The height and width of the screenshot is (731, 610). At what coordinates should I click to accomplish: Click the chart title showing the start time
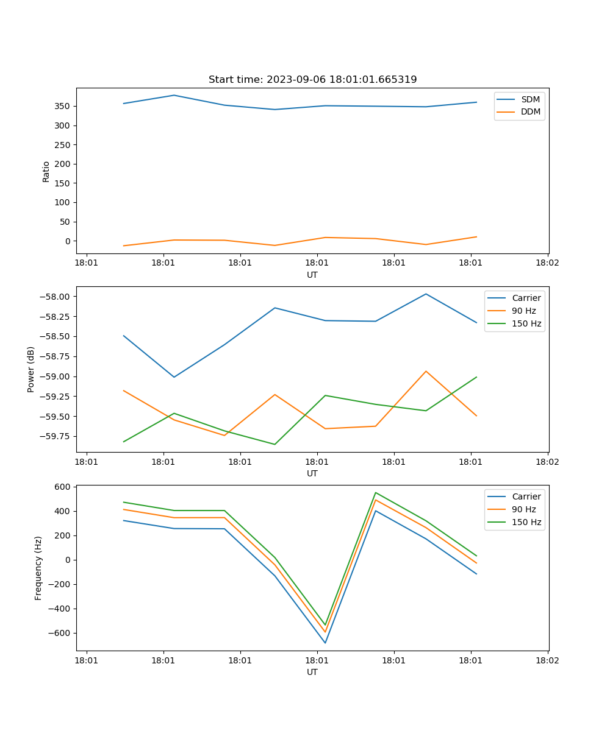[312, 80]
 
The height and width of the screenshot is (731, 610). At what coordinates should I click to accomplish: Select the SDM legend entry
[530, 99]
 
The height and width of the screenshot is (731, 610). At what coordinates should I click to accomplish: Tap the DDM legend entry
[530, 111]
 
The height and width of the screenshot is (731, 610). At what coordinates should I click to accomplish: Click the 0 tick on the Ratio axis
[68, 241]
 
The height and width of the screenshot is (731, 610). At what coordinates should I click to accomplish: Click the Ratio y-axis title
[46, 171]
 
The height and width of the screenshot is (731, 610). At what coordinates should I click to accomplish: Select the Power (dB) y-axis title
[31, 369]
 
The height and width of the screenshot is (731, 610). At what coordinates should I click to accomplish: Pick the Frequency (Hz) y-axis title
[38, 568]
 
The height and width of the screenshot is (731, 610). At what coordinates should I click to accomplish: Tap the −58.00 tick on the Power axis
[58, 297]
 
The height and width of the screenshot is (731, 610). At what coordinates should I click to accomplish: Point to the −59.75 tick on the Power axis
[58, 436]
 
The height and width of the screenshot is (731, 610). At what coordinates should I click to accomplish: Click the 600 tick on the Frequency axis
[63, 487]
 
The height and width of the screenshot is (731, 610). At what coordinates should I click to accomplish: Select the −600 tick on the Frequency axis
[61, 633]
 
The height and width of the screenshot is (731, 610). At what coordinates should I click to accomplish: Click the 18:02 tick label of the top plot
[547, 263]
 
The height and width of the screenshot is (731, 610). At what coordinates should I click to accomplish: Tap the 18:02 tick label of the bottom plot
[547, 660]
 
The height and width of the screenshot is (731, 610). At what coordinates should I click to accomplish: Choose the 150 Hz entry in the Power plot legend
[526, 323]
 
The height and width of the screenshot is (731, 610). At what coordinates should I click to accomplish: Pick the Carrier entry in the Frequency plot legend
[526, 496]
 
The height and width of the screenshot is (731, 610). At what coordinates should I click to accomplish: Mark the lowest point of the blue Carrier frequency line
[325, 643]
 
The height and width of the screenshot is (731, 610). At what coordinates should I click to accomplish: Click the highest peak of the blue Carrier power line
[426, 294]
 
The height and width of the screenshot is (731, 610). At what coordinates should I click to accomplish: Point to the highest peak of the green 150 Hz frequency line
[376, 492]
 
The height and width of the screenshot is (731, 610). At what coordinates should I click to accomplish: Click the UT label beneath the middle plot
[312, 473]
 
